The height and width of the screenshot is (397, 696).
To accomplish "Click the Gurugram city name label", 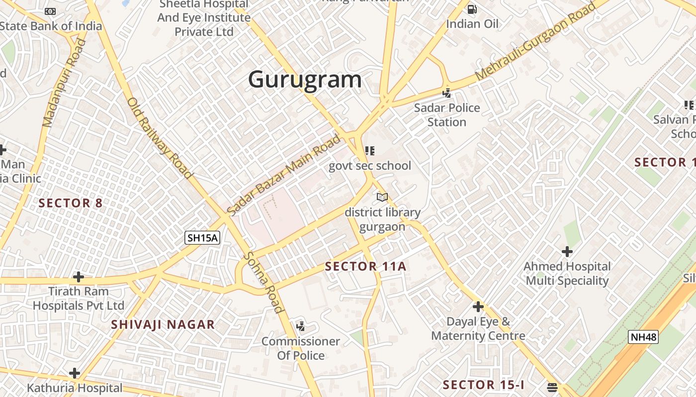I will [305, 79].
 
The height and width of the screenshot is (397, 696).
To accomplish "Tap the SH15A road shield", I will [202, 238].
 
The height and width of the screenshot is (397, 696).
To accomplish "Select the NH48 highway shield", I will [643, 337].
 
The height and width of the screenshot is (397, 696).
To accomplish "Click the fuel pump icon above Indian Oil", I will [472, 9].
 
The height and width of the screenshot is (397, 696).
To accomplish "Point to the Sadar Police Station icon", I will [446, 93].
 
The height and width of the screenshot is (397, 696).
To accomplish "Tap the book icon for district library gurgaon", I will [382, 198].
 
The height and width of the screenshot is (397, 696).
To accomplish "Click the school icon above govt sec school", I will [369, 150].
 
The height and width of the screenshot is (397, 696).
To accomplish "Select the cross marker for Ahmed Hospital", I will [567, 252].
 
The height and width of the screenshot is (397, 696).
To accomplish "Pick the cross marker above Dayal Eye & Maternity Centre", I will [478, 307].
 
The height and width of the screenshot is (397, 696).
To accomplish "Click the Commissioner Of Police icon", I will [300, 327].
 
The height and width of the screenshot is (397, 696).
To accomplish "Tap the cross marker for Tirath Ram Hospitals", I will [78, 276].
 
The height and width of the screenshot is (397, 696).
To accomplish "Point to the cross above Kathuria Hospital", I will [75, 373].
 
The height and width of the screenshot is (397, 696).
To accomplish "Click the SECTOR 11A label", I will [365, 266].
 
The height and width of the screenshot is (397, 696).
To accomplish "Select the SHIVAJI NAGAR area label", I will [163, 325].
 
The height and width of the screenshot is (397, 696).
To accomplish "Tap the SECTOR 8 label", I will [71, 203].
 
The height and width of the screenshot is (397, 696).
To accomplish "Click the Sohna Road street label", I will [263, 283].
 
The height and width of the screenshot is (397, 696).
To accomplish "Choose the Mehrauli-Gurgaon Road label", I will [534, 42].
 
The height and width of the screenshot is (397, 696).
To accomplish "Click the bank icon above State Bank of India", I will [50, 11].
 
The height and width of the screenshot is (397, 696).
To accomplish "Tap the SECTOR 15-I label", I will [483, 385].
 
